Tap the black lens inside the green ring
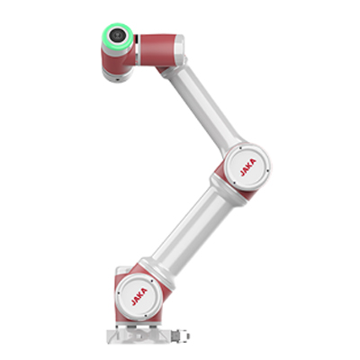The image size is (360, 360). [x=117, y=35]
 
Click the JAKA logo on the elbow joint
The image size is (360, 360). [x=248, y=167]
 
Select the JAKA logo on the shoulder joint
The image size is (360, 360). [x=139, y=297]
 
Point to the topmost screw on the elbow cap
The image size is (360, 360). [x=240, y=148]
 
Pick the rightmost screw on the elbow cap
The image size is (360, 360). [x=267, y=171]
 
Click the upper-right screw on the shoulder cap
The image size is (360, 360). [x=152, y=281]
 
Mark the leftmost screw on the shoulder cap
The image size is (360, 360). [x=118, y=293]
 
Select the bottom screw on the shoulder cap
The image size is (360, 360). [x=146, y=316]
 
